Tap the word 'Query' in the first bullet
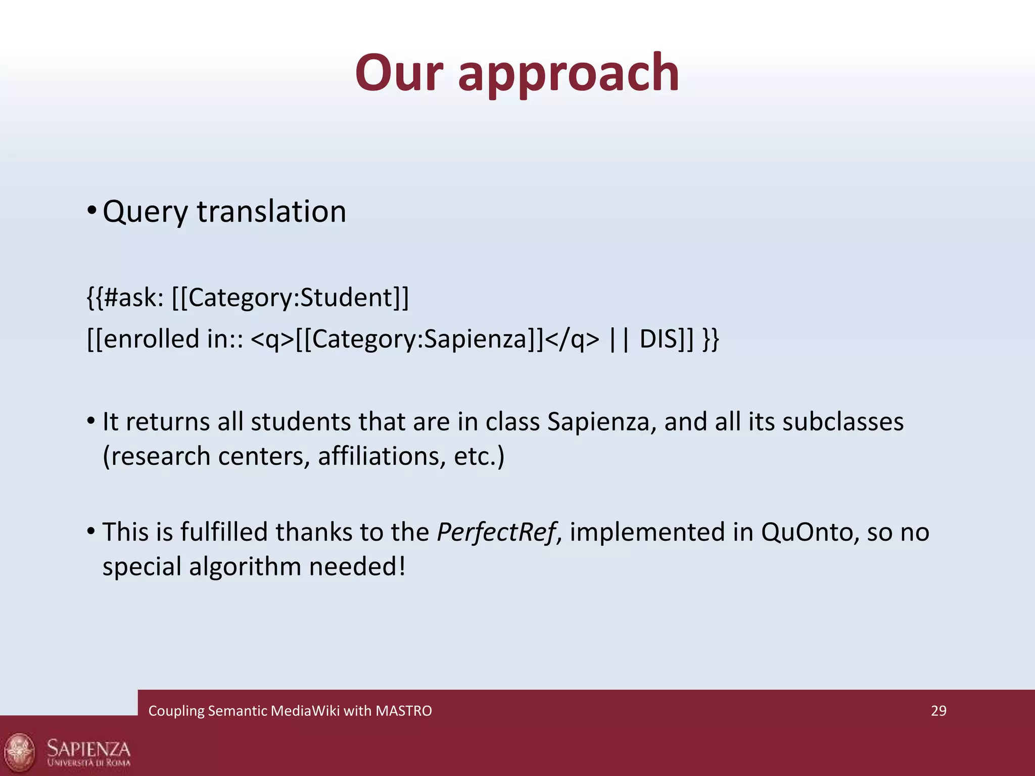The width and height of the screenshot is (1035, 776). pos(145,212)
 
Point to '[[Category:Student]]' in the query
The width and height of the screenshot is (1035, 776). pos(290,298)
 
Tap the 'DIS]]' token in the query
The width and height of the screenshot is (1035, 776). pos(667,339)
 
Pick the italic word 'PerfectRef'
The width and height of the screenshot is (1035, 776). pos(496,532)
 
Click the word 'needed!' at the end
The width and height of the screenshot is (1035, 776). pos(357,566)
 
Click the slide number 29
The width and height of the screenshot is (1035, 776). pos(938,711)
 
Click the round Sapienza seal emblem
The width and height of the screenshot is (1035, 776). pos(20,752)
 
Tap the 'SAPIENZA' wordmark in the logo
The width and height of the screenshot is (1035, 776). pos(88,748)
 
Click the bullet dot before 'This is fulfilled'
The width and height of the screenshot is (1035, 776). pos(91,531)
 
